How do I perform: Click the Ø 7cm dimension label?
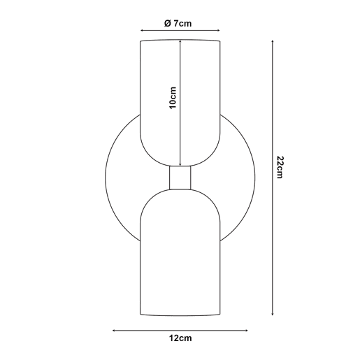[x=178, y=23]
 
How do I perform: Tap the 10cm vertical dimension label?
[x=173, y=98]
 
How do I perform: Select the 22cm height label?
[x=280, y=167]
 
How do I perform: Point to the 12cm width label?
[x=180, y=338]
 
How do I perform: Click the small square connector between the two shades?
[x=180, y=178]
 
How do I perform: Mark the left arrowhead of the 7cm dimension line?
[x=141, y=30]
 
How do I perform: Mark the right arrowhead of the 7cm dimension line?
[x=218, y=30]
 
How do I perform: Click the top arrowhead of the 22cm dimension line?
[x=273, y=41]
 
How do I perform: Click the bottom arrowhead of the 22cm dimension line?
[x=273, y=314]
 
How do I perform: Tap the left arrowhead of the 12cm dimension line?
[x=114, y=331]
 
